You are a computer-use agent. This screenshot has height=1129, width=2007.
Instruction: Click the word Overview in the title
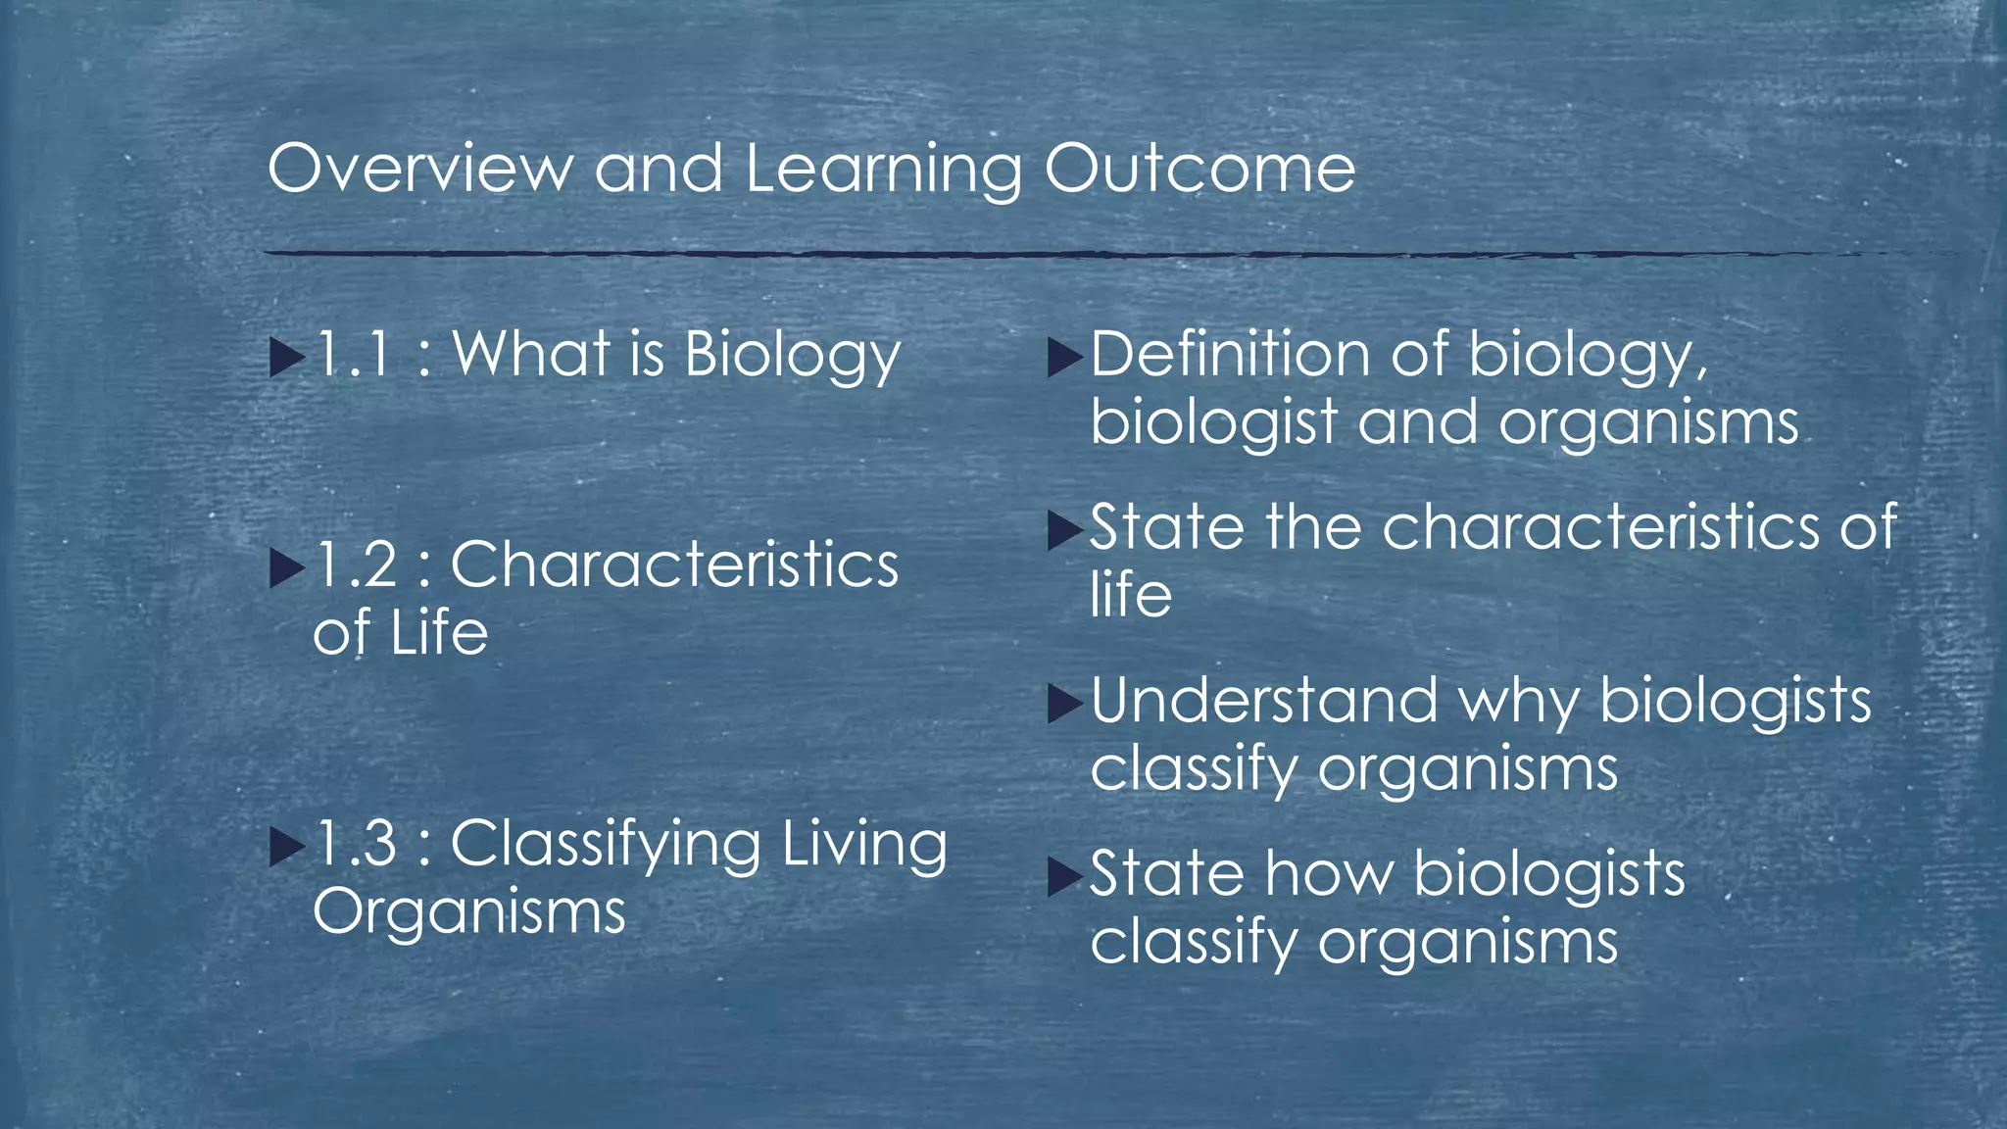tap(419, 169)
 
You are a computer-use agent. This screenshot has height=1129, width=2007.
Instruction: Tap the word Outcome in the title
tap(1199, 169)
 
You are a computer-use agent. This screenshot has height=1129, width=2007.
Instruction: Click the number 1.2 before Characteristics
tap(355, 565)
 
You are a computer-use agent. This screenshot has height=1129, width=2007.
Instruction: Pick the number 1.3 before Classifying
tap(355, 844)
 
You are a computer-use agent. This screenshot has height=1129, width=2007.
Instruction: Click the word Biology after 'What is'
tap(792, 356)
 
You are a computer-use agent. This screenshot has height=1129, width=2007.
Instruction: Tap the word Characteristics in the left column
tap(674, 565)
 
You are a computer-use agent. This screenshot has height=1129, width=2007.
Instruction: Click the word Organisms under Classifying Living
tap(468, 912)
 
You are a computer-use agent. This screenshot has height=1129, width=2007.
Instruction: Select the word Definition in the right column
tap(1229, 354)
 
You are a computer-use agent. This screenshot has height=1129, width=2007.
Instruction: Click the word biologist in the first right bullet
tap(1213, 424)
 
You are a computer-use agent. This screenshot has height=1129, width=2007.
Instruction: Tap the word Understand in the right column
tap(1263, 701)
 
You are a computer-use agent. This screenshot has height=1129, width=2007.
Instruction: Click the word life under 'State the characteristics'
tap(1131, 595)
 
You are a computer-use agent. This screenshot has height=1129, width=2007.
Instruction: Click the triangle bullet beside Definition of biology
tap(1064, 357)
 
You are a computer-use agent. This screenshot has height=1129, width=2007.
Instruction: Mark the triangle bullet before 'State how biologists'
tap(1064, 876)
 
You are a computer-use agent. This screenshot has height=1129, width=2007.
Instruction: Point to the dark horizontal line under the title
tap(980, 255)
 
